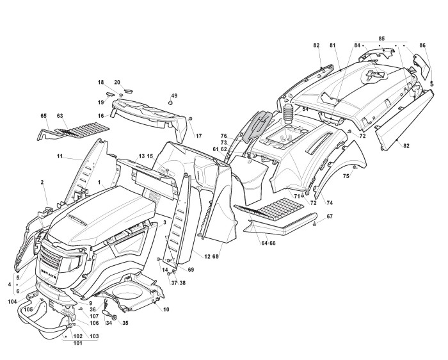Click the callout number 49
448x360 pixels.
(x=174, y=95)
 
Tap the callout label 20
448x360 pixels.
(x=117, y=82)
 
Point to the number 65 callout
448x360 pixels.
(x=44, y=116)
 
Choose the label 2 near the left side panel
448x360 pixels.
(x=42, y=183)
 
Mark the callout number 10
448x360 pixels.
(x=166, y=310)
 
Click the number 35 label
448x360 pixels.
(x=125, y=323)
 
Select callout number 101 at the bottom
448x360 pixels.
(x=77, y=343)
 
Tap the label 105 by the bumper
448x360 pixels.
(x=28, y=309)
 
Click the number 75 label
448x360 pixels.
(x=346, y=176)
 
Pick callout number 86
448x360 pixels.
(x=422, y=45)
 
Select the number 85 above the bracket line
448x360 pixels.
(x=381, y=38)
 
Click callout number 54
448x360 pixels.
(x=306, y=110)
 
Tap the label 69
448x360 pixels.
(x=191, y=270)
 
